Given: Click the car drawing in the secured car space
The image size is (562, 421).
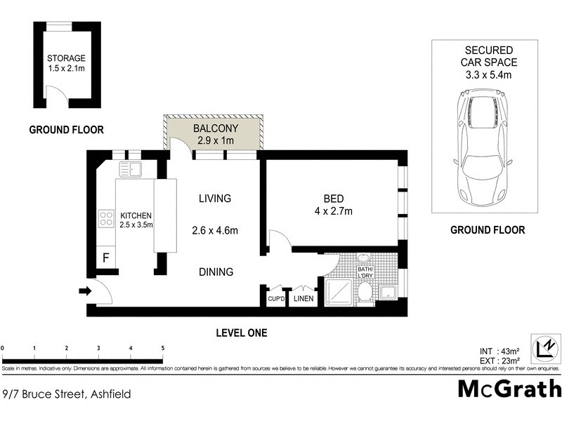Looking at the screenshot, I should [484, 148].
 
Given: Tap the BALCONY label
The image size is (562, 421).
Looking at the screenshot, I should [216, 128].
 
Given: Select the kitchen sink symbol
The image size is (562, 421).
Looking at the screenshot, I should [131, 169].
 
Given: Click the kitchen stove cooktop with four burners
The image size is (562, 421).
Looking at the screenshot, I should [106, 218].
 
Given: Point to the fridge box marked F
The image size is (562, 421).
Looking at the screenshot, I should [105, 258].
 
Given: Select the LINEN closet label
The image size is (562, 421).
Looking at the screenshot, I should [304, 300].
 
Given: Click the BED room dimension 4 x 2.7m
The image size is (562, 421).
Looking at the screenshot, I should [333, 211].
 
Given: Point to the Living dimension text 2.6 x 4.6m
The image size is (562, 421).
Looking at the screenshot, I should [214, 230].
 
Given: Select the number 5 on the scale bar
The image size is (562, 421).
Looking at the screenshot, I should [163, 348].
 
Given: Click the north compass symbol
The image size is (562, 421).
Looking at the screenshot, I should [546, 348].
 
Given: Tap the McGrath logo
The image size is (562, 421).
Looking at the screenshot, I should [509, 389].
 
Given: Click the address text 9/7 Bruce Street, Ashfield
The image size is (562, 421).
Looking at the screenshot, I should [66, 394].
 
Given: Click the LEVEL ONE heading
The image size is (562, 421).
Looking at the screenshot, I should [242, 333].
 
